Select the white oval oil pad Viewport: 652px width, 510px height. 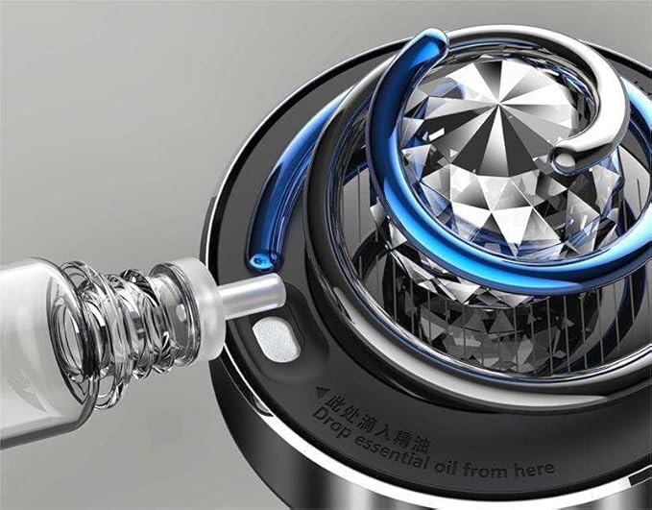(276, 338)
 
